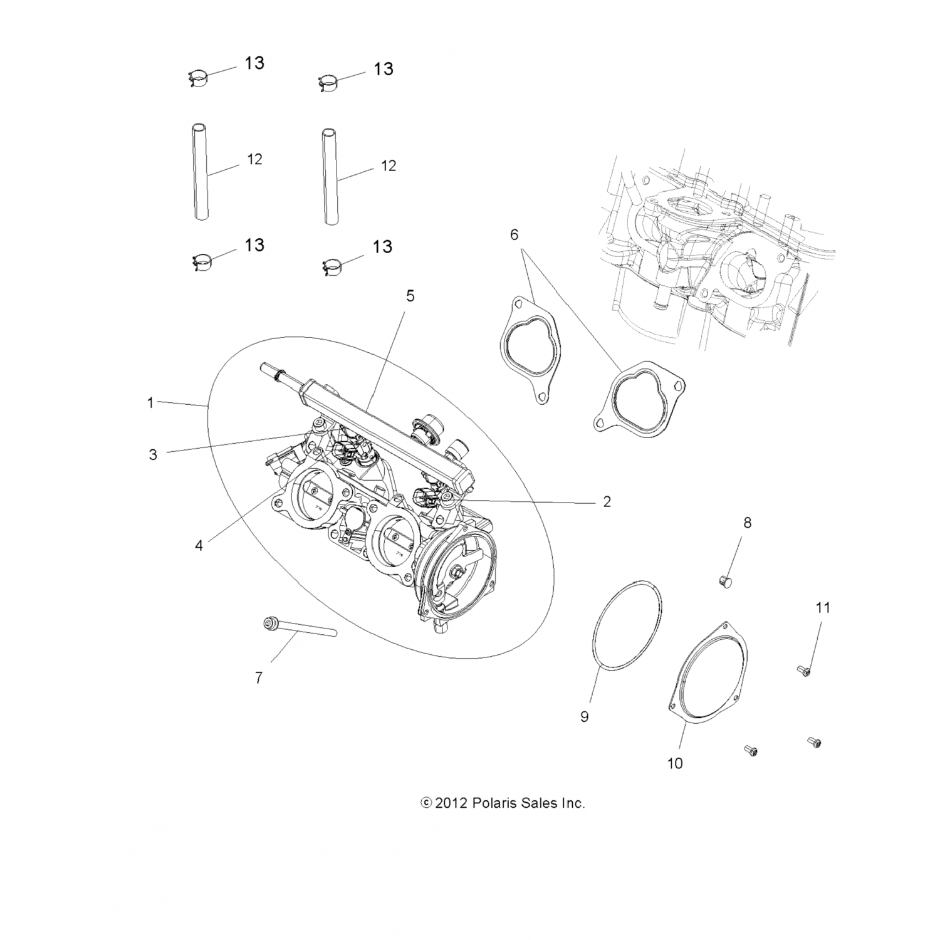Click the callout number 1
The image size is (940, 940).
tap(150, 402)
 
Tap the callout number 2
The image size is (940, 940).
tap(607, 501)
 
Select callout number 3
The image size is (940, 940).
tap(153, 454)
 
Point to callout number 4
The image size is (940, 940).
tap(199, 545)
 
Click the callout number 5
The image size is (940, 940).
tap(410, 295)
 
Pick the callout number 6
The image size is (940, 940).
tap(514, 234)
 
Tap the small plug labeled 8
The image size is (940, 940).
tap(726, 580)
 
